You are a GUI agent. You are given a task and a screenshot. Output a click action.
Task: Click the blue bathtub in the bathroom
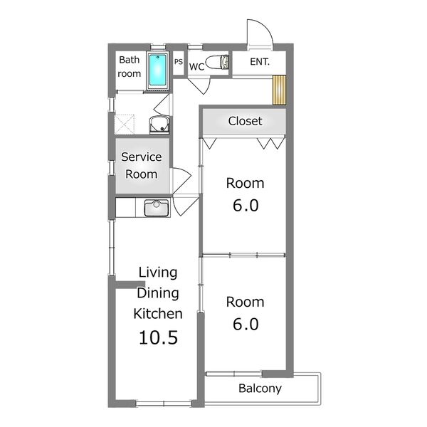(158, 70)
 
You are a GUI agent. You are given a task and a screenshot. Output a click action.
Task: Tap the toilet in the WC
(217, 62)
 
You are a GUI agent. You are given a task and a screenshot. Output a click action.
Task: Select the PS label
(179, 61)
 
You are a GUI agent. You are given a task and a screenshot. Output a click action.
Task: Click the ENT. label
(260, 62)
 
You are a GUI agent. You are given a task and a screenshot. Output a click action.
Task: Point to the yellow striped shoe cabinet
(279, 90)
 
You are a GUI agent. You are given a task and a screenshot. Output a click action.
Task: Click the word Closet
(245, 121)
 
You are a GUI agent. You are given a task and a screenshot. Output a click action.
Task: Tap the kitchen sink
(157, 208)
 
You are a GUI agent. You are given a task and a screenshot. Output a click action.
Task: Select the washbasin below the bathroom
(159, 125)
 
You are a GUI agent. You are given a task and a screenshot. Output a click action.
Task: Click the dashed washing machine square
(124, 125)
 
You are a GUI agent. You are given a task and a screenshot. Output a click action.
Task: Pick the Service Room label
(142, 165)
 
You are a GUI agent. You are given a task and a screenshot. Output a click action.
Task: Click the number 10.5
(158, 337)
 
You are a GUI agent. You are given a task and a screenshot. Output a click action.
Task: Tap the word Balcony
(260, 389)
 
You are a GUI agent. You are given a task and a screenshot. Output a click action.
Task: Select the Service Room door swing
(181, 180)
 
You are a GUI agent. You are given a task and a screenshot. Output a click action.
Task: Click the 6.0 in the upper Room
(246, 206)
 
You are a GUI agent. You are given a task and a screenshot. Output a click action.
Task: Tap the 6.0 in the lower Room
(246, 324)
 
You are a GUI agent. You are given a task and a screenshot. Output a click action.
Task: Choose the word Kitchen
(158, 313)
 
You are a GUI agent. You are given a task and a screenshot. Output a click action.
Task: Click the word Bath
(129, 60)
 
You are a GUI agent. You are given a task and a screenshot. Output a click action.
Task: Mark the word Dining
(158, 293)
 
